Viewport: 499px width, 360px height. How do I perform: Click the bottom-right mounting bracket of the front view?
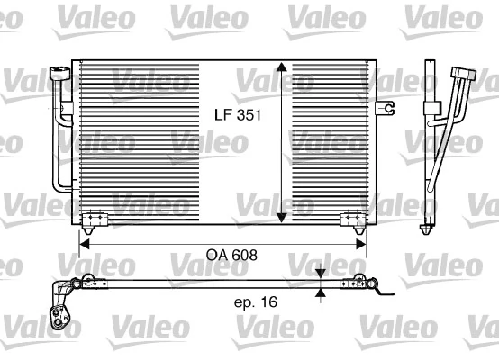352,219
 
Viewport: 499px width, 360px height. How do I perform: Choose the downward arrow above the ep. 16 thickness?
322,273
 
